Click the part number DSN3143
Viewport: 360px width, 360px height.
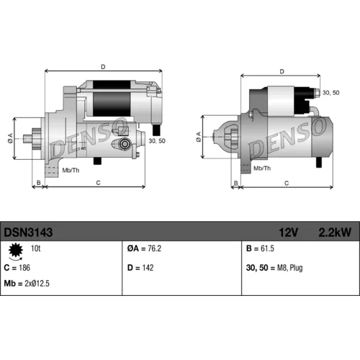(28, 232)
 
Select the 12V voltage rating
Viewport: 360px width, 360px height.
(289, 233)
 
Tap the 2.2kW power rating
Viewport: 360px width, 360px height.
(335, 233)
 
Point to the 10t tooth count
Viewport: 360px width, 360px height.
(35, 248)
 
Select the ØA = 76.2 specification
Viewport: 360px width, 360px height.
(144, 248)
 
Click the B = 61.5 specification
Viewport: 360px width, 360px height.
(260, 248)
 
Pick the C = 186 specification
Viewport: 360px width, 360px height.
(17, 268)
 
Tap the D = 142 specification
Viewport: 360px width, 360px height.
(140, 268)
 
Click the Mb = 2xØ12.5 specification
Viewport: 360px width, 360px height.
(27, 284)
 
